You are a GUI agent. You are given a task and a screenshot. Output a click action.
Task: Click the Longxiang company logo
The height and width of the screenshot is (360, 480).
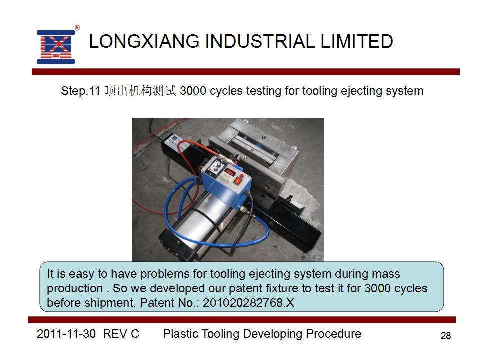coord(56,47)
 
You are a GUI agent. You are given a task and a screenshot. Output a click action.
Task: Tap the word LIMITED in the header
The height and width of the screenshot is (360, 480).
coord(357,41)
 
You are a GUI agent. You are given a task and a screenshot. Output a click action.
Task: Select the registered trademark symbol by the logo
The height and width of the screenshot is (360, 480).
coord(77,28)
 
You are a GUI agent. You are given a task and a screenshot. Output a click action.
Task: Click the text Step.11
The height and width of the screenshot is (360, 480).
coord(80,91)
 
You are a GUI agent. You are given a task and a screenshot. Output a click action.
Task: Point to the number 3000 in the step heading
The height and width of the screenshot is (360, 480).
coord(193,91)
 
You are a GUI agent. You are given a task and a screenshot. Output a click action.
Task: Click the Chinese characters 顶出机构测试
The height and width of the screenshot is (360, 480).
coord(140,91)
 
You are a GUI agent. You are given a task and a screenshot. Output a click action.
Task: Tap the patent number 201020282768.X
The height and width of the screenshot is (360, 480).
coord(248,303)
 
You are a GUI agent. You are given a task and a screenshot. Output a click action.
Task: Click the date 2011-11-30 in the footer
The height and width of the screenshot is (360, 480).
coord(66,334)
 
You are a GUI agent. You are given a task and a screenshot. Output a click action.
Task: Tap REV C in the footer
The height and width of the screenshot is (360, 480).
coord(121,334)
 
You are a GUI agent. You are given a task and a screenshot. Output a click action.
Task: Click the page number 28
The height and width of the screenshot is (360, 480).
coord(446,336)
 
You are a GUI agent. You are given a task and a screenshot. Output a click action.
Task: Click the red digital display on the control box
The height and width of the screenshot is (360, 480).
coord(229,173)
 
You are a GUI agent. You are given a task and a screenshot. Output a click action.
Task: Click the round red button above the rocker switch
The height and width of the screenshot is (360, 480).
coord(242,176)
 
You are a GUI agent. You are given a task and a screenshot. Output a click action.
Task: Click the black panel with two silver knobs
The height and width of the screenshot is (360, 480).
coord(214,168)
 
